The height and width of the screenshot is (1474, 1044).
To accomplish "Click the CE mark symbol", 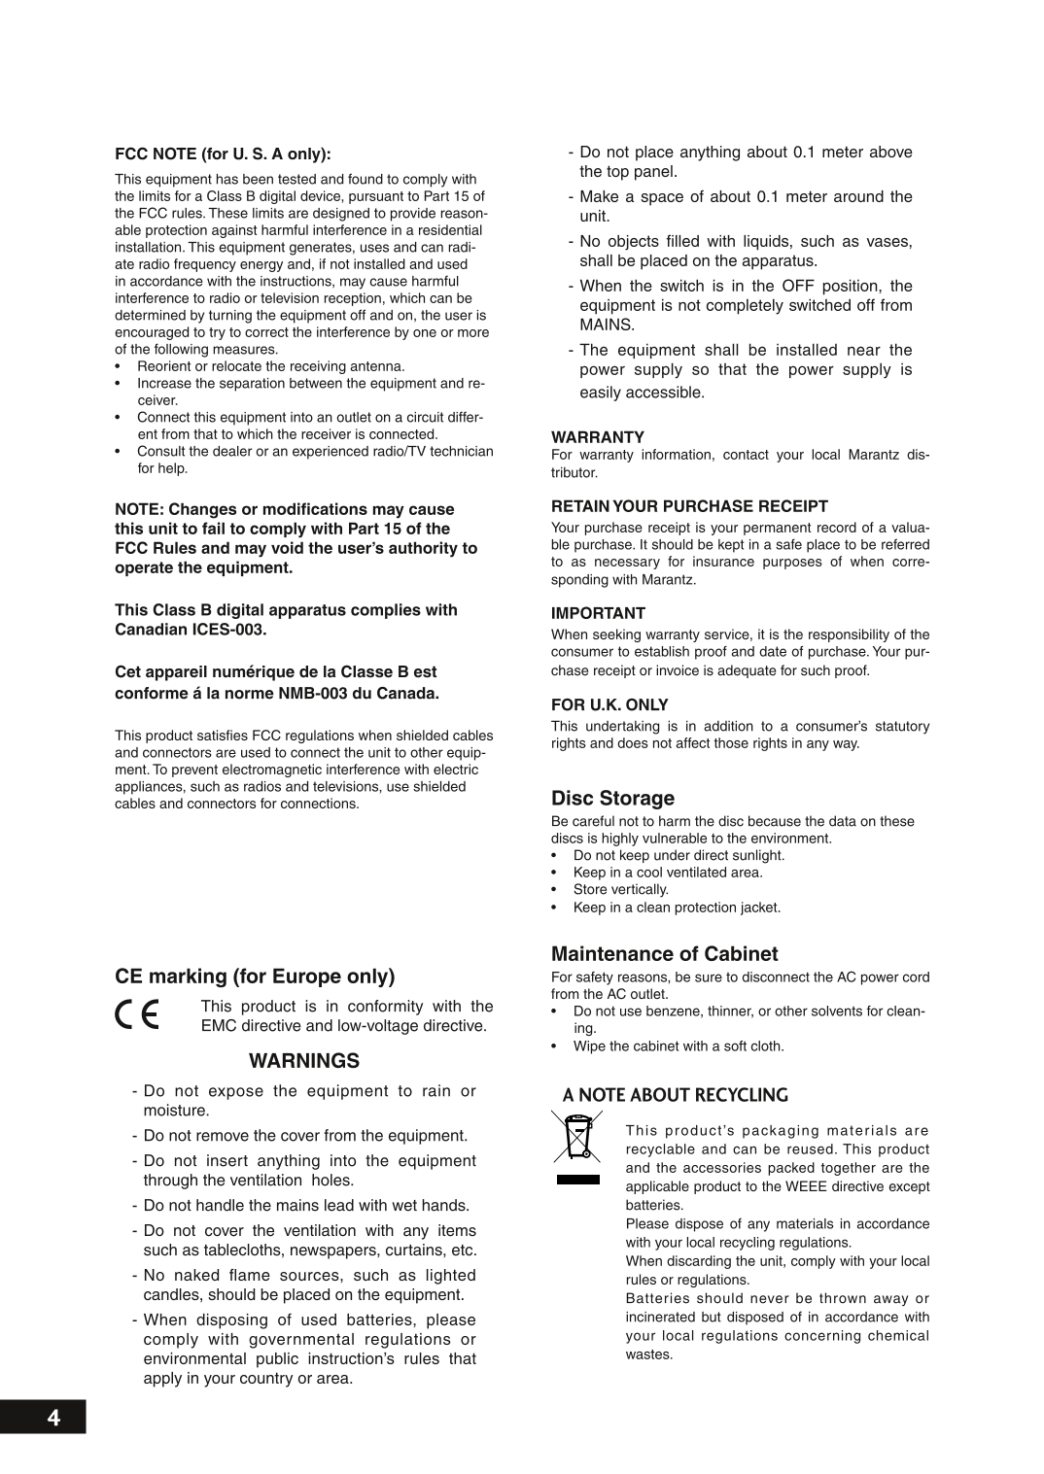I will pyautogui.click(x=137, y=1014).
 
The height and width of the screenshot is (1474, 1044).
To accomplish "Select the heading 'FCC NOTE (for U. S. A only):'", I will pyautogui.click(x=223, y=154).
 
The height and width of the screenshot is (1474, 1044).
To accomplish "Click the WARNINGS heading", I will pyautogui.click(x=304, y=1060).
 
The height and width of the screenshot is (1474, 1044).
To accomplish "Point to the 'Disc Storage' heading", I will pyautogui.click(x=612, y=798).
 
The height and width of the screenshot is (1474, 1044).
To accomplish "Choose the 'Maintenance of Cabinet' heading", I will pyautogui.click(x=664, y=953).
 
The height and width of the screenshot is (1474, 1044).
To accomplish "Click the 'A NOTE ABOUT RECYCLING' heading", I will pyautogui.click(x=676, y=1095).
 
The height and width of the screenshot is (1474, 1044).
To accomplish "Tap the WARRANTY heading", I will pyautogui.click(x=598, y=437).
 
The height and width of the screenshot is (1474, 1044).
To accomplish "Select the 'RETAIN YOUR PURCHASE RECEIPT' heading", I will pyautogui.click(x=689, y=506).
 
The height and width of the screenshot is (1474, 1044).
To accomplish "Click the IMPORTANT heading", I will pyautogui.click(x=598, y=613).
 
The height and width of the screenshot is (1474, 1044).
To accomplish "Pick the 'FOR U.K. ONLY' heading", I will pyautogui.click(x=609, y=704).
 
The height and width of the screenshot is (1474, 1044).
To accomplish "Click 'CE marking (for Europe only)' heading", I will pyautogui.click(x=255, y=976).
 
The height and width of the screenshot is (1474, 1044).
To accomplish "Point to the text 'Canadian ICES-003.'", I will pyautogui.click(x=191, y=630).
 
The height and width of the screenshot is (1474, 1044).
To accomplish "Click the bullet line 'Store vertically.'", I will pyautogui.click(x=620, y=889).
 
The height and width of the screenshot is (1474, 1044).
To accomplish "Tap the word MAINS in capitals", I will pyautogui.click(x=607, y=325).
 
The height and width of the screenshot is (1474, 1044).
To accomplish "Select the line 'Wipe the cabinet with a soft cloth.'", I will pyautogui.click(x=678, y=1046).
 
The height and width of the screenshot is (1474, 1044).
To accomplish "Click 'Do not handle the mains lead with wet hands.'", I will pyautogui.click(x=306, y=1205).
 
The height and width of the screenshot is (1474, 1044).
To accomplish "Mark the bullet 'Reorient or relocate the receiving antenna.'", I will pyautogui.click(x=270, y=366).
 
